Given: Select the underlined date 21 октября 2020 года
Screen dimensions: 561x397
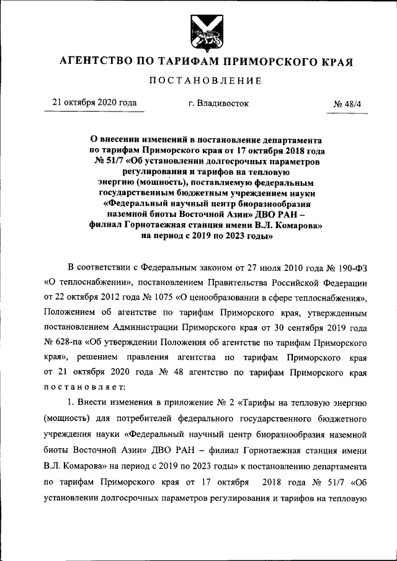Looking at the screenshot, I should (x=95, y=103).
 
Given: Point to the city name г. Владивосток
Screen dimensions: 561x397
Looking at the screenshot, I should (x=218, y=104).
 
